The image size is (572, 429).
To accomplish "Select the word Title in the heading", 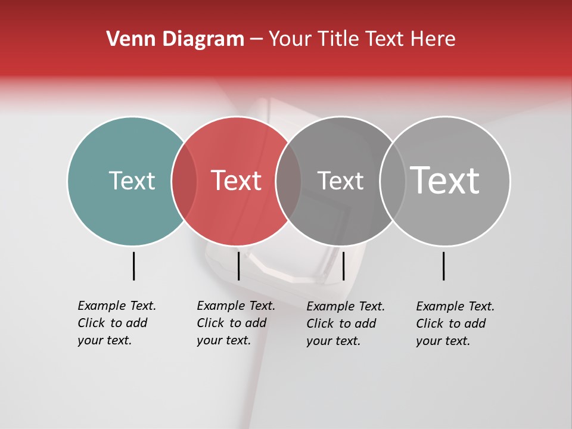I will click(338, 39).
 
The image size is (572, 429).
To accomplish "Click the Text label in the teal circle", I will click(132, 181).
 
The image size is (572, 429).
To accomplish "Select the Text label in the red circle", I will click(236, 181).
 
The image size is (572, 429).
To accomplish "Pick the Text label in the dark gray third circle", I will click(340, 181).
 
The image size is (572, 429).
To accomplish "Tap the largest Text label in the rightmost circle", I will click(445, 181).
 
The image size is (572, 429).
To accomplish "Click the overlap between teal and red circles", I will click(184, 181).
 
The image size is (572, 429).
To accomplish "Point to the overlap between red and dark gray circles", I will click(288, 181).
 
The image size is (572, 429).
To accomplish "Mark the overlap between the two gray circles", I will click(393, 181).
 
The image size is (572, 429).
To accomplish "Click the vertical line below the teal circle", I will click(133, 266).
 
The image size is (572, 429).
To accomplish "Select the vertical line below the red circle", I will click(238, 266).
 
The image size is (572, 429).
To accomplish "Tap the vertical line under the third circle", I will click(343, 266).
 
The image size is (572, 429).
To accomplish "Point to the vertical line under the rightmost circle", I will click(443, 266).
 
